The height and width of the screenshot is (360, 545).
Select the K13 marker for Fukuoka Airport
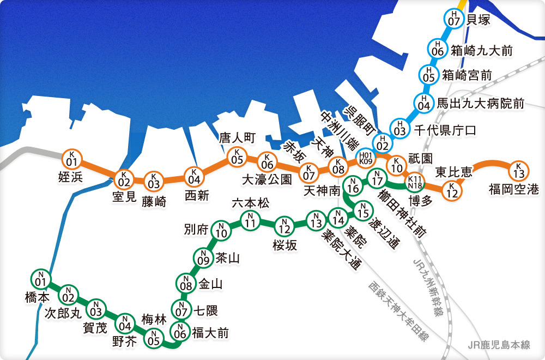pyautogui.click(x=518, y=170)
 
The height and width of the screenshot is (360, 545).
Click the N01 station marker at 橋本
pyautogui.click(x=39, y=279)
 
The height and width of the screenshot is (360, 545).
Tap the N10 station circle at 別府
pyautogui.click(x=221, y=231)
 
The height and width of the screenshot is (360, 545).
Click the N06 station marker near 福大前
pyautogui.click(x=180, y=329)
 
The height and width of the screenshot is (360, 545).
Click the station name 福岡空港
pyautogui.click(x=513, y=190)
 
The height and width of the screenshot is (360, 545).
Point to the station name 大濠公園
pyautogui.click(x=267, y=179)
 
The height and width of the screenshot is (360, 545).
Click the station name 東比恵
pyautogui.click(x=453, y=173)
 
